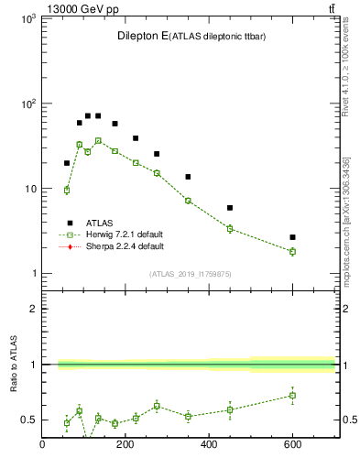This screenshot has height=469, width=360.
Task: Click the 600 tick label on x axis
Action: [292, 445]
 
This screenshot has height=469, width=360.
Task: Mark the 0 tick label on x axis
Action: [42, 445]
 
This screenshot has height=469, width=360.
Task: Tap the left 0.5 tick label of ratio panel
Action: [27, 420]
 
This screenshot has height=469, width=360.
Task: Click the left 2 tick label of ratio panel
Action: [32, 309]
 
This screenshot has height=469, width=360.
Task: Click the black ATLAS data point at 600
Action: [292, 237]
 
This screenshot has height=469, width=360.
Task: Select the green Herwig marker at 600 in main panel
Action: [292, 251]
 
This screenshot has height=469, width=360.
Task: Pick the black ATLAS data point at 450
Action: [230, 208]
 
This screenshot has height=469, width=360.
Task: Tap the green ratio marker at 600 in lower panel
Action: [292, 396]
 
